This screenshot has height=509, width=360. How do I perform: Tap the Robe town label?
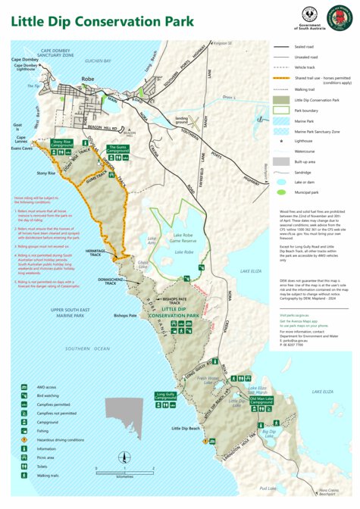pyautogui.click(x=88, y=79)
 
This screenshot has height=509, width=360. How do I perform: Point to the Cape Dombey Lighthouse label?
pyautogui.click(x=27, y=67)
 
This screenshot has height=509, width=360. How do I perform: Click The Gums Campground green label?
pyautogui.click(x=117, y=148)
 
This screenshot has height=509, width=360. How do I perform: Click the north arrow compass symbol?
pyautogui.click(x=123, y=456)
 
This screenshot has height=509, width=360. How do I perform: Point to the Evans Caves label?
pyautogui.click(x=21, y=149)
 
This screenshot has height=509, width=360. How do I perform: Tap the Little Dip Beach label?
pyautogui.click(x=186, y=429)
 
